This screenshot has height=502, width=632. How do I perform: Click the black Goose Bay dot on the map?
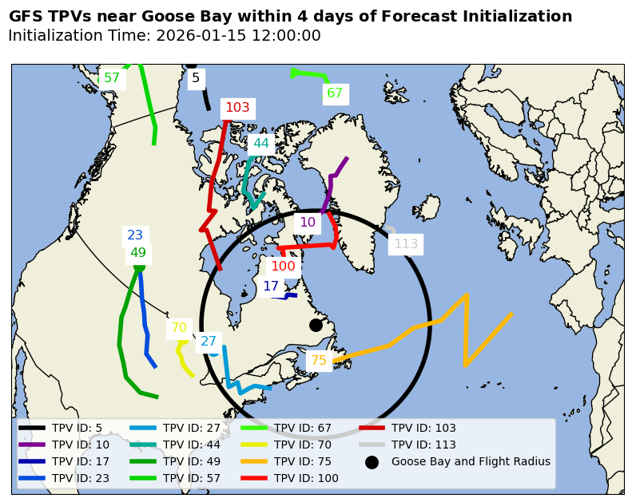[316, 325]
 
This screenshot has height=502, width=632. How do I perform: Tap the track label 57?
[112, 78]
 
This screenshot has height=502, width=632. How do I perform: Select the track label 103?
[237, 108]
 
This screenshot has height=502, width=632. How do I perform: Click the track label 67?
[335, 93]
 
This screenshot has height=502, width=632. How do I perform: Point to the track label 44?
[260, 144]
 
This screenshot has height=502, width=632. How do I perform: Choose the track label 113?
[406, 244]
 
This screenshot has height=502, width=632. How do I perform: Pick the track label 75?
[319, 361]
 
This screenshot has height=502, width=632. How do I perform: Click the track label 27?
[209, 342]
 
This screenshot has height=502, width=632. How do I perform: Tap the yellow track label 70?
[179, 328]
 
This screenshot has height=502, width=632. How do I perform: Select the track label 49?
[138, 253]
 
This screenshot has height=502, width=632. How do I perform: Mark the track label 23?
[135, 235]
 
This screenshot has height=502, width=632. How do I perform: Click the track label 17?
[271, 287]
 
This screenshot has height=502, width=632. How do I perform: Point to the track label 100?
[283, 267]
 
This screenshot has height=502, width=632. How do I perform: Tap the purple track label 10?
[308, 223]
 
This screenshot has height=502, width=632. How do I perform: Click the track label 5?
[196, 78]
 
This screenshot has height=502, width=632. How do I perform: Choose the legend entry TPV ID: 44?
[192, 445]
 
